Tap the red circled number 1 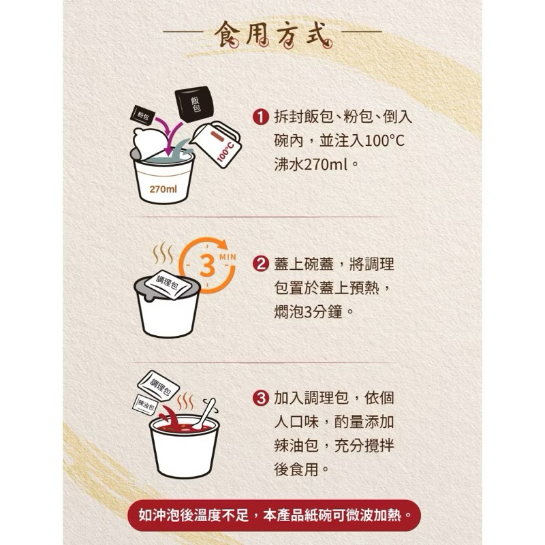point(261,117)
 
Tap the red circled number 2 point(261,264)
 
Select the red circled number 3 point(261,399)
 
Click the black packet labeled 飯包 point(194,104)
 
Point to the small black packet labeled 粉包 point(142,114)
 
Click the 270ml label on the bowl point(163,189)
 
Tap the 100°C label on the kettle point(225,153)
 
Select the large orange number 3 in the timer point(207,266)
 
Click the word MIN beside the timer point(228,258)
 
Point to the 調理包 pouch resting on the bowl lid point(168,283)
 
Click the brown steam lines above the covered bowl point(163,253)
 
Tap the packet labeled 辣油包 point(146,404)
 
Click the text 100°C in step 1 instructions point(385,141)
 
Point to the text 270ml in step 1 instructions point(326,165)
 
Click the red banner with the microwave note point(274,516)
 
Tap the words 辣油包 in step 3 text point(296,446)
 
